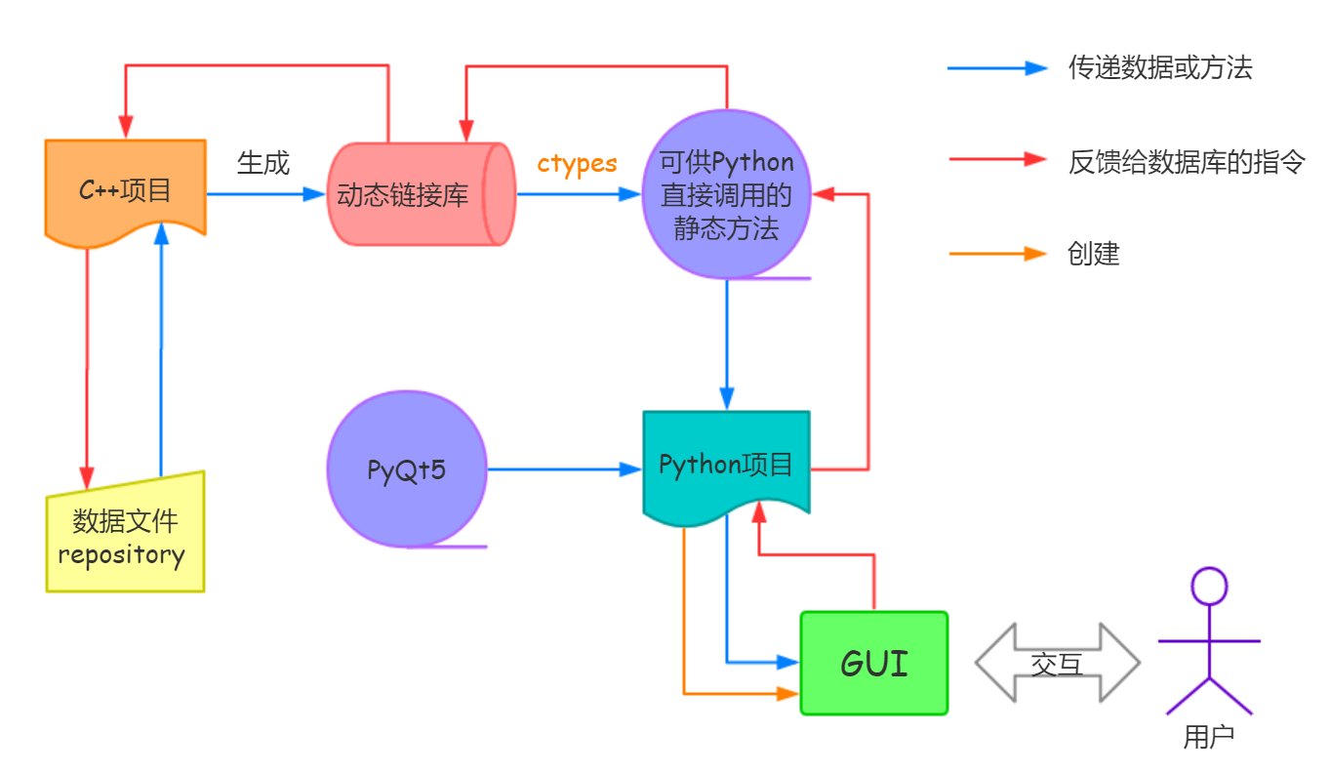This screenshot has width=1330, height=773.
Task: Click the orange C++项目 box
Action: (125, 188)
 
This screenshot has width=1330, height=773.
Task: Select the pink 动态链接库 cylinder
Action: (416, 193)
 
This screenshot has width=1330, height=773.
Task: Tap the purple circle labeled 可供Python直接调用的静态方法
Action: (727, 194)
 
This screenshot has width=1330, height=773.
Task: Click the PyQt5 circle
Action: (406, 469)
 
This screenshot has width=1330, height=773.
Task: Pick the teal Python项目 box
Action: (726, 464)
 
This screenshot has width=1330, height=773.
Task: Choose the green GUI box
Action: (873, 663)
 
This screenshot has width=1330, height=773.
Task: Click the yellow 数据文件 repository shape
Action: (125, 536)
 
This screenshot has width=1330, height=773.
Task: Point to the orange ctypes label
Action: (577, 163)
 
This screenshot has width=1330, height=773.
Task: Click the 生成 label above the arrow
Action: (263, 162)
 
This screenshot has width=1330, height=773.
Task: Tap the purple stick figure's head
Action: (1209, 586)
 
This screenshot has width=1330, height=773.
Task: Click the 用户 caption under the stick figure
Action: (1209, 736)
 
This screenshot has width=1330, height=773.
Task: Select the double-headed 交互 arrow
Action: (1057, 663)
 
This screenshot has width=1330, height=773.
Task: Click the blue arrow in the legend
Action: (996, 68)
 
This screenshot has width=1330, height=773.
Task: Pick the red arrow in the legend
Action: (996, 161)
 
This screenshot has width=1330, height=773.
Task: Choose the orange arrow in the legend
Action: (996, 254)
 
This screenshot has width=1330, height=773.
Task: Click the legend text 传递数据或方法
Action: (1160, 68)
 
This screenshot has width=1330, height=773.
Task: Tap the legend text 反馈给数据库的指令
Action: (1187, 161)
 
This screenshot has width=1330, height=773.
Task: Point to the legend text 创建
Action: (1094, 254)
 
